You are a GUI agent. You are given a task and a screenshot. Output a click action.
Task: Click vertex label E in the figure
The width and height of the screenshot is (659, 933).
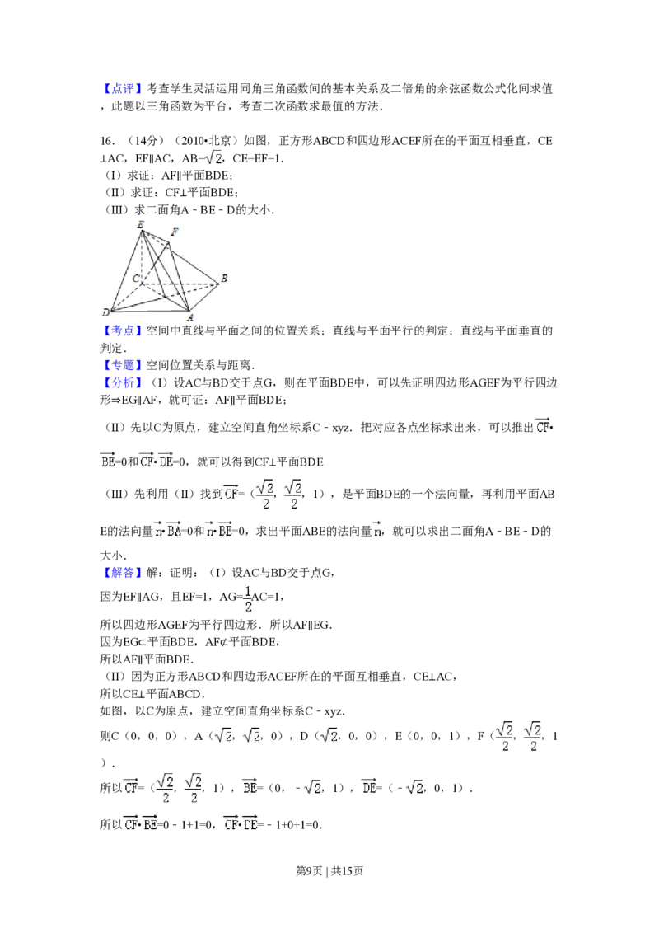tap(140, 224)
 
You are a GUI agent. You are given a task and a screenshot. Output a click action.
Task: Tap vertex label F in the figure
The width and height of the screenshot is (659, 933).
tap(174, 232)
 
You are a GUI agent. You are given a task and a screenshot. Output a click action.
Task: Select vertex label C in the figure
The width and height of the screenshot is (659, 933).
tap(136, 279)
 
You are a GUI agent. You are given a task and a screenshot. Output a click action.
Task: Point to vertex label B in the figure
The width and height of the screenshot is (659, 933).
tap(224, 279)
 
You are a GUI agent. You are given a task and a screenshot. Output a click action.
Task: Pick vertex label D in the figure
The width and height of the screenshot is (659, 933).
tap(105, 312)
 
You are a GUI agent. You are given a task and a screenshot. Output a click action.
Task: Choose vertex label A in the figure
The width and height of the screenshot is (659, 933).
tap(190, 317)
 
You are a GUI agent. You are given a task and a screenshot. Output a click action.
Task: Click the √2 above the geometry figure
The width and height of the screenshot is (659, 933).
tap(214, 157)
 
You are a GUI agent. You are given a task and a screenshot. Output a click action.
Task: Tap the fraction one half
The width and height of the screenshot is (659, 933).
tap(247, 598)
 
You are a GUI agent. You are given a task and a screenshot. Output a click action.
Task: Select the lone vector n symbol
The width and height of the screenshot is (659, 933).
tap(376, 529)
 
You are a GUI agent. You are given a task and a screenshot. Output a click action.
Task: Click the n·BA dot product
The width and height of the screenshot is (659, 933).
tap(168, 529)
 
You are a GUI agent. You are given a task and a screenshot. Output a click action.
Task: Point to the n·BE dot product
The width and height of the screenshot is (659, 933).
tap(221, 529)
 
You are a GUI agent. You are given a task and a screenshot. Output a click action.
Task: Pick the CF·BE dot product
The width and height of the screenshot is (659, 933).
tap(138, 824)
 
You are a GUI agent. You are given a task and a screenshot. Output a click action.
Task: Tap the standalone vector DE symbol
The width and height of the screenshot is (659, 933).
tap(369, 787)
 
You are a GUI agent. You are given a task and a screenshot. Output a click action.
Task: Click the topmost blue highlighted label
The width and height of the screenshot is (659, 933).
tap(123, 89)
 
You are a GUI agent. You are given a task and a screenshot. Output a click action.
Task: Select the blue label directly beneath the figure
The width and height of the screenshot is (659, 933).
tap(123, 331)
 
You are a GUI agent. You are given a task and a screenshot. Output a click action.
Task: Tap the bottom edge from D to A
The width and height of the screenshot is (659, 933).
tap(148, 311)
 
